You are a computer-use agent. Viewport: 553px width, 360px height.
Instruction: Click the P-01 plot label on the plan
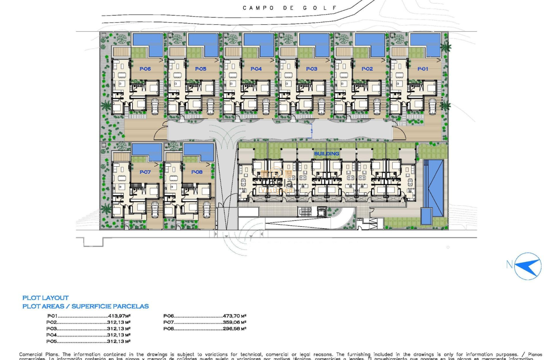(423, 69)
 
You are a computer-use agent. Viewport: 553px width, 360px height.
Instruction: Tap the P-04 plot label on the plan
(256, 69)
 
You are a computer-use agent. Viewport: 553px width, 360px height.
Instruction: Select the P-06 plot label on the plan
(145, 69)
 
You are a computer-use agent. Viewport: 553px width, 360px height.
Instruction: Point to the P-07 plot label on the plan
(145, 172)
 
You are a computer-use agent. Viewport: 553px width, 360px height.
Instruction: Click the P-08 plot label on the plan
(196, 172)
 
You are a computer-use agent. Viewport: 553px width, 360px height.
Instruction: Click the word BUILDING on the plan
(327, 153)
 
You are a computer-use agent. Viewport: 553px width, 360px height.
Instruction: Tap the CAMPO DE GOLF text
(289, 8)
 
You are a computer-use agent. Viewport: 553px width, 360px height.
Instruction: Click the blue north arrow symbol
(528, 266)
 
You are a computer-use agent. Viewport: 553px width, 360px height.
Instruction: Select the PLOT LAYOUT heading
(45, 298)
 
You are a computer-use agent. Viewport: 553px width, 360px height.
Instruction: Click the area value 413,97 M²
(119, 316)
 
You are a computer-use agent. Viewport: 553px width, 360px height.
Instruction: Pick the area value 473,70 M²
(234, 316)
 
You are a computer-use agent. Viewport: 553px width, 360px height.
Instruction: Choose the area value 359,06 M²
(234, 322)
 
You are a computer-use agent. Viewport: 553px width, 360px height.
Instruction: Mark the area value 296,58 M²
(234, 329)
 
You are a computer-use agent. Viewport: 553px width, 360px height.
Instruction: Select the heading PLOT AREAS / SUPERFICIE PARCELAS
(86, 306)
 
